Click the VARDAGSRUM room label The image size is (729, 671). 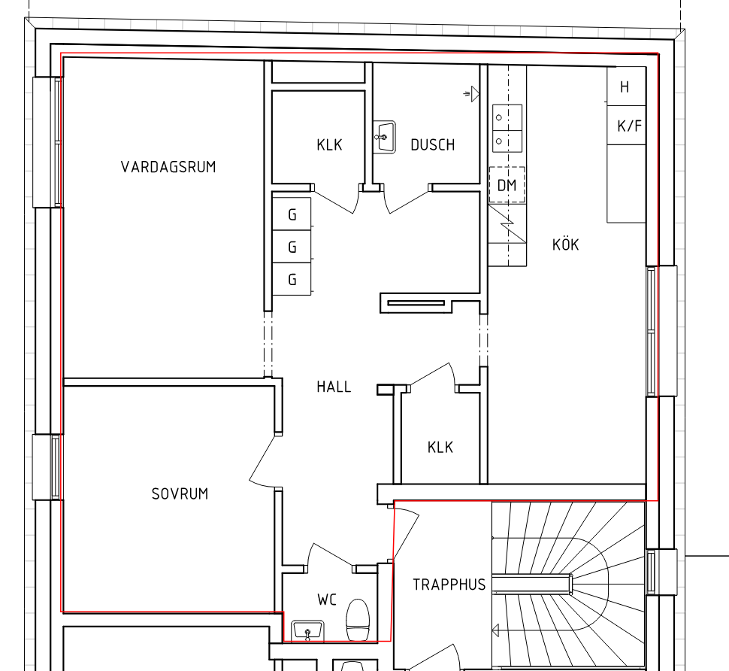168,167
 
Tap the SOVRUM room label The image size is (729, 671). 180,493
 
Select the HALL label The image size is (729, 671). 334,387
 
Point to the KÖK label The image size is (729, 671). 566,244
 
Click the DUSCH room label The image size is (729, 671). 433,144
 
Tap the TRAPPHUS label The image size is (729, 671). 449,584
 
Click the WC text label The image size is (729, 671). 327,600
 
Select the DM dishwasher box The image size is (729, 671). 507,185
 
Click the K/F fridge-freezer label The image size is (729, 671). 629,126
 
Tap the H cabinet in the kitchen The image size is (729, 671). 626,86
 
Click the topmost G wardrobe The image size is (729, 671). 292,214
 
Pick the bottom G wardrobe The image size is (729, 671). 292,279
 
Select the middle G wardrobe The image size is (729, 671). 292,246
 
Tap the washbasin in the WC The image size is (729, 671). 307,630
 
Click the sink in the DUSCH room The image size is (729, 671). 385,137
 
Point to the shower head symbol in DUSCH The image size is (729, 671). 471,94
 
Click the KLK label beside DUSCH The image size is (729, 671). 329,144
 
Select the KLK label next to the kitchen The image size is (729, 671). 440,447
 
